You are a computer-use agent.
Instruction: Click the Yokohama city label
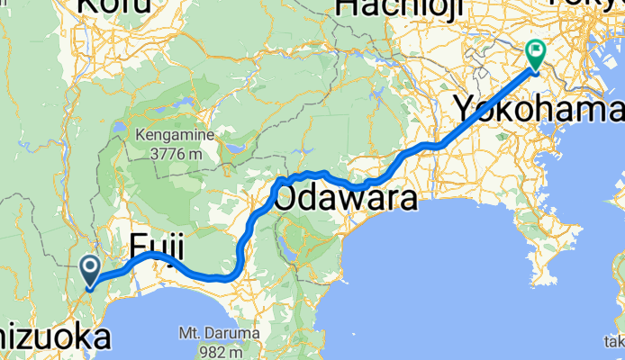[x=537, y=110]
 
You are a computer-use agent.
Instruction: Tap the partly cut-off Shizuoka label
[x=54, y=338]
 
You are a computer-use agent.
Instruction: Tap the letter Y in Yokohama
[x=462, y=110]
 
